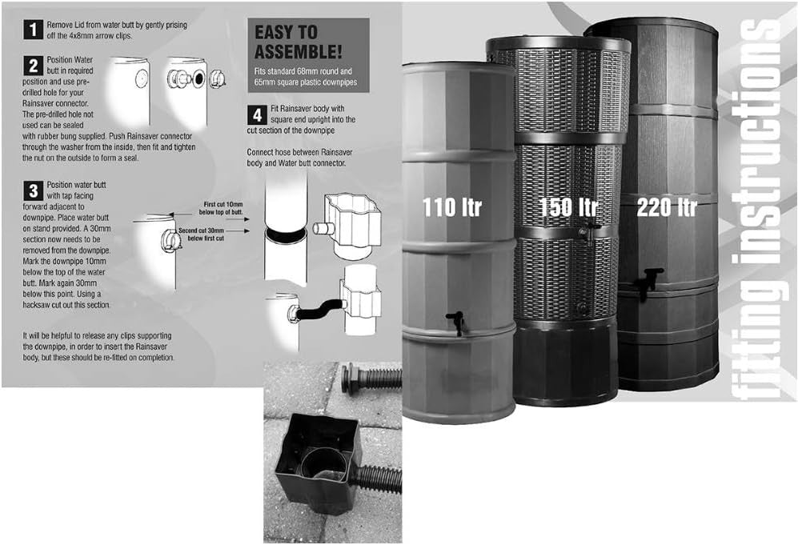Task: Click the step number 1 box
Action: tap(33, 30)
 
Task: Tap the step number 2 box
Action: tap(33, 66)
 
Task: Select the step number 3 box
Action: tap(33, 190)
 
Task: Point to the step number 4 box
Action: tap(257, 115)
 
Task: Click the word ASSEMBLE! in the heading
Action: tap(299, 52)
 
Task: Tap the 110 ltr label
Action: tap(451, 207)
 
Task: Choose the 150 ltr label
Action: tap(567, 207)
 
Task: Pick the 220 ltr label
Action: tap(666, 207)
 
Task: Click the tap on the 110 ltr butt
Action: tap(456, 321)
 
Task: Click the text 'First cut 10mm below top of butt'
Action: tap(221, 208)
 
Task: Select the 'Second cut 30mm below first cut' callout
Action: tap(201, 234)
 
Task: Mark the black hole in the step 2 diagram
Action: tap(198, 78)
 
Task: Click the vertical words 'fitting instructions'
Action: tap(758, 209)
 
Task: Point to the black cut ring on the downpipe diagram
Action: tap(286, 235)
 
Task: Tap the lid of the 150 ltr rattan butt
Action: tap(558, 44)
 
